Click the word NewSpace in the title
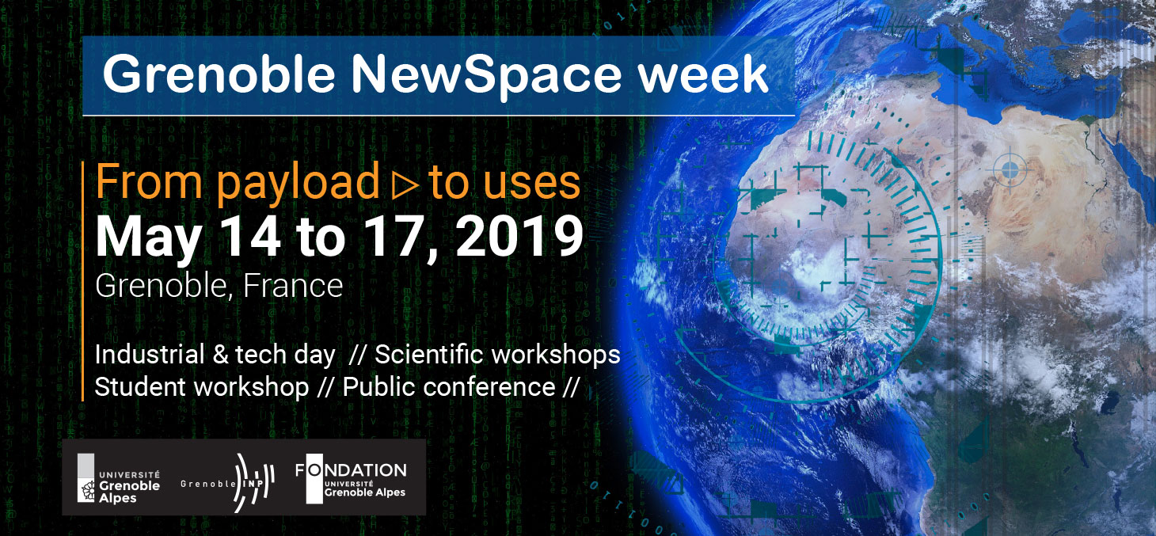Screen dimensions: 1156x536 (487, 75)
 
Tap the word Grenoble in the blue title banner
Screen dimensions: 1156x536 (219, 74)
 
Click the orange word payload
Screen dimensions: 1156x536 (298, 183)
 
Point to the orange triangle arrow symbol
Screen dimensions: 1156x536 (405, 184)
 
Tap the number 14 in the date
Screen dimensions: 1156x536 (251, 237)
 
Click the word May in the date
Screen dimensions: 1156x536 (149, 241)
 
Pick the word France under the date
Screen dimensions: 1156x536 (293, 285)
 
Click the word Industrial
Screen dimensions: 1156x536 (150, 355)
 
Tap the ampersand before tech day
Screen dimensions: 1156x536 (220, 355)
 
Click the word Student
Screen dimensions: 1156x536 (139, 387)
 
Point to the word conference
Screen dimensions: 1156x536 (489, 387)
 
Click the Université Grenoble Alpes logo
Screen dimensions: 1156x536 (119, 478)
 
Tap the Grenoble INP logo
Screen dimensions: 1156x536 (227, 483)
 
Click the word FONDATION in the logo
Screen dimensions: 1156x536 (351, 470)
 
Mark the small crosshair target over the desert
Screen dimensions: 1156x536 (1010, 169)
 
